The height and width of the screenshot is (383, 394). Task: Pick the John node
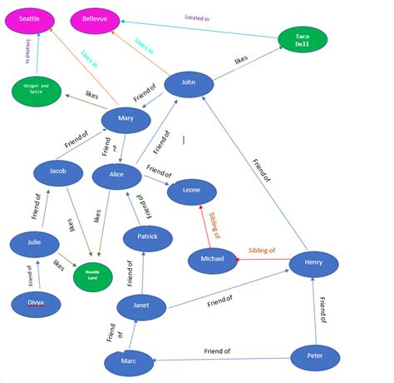(189, 84)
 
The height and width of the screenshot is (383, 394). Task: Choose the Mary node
(126, 120)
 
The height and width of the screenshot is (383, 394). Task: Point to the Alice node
(116, 176)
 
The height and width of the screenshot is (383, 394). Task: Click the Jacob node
(58, 172)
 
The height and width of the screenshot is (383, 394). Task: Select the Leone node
(192, 191)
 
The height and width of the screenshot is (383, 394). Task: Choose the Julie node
(34, 244)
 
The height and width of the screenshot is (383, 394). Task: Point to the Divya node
(36, 305)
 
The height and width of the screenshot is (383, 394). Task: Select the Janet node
(141, 306)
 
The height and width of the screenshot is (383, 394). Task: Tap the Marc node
(129, 362)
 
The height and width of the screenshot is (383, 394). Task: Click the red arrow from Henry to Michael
(262, 260)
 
